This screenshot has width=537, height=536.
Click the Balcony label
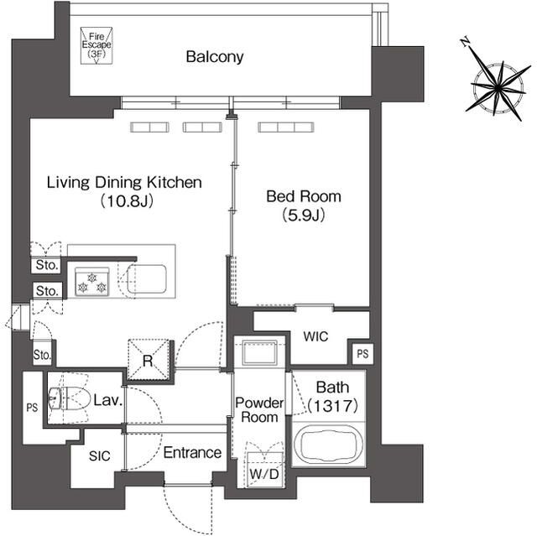pos(215,56)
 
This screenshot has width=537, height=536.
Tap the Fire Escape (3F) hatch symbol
pos(96,45)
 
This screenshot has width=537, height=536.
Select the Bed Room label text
pos(304,196)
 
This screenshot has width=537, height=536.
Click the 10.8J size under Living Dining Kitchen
pos(127,201)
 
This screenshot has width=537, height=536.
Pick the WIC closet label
pos(315,336)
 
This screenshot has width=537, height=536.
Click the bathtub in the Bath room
pos(328,445)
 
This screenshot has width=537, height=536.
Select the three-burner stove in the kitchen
pos(91,282)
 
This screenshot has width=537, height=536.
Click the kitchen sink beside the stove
pos(147,279)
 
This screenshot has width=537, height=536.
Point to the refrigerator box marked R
pos(149,360)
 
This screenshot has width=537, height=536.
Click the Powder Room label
pos(259,409)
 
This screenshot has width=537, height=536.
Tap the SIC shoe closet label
pos(100,456)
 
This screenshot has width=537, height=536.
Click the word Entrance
pos(192,452)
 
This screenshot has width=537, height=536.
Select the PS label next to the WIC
pos(362,354)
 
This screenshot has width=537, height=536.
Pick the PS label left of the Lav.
pos(32,408)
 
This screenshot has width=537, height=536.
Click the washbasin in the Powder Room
pos(259,352)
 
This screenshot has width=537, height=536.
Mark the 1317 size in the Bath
pos(332,406)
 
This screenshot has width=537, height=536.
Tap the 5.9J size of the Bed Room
pos(304,216)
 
